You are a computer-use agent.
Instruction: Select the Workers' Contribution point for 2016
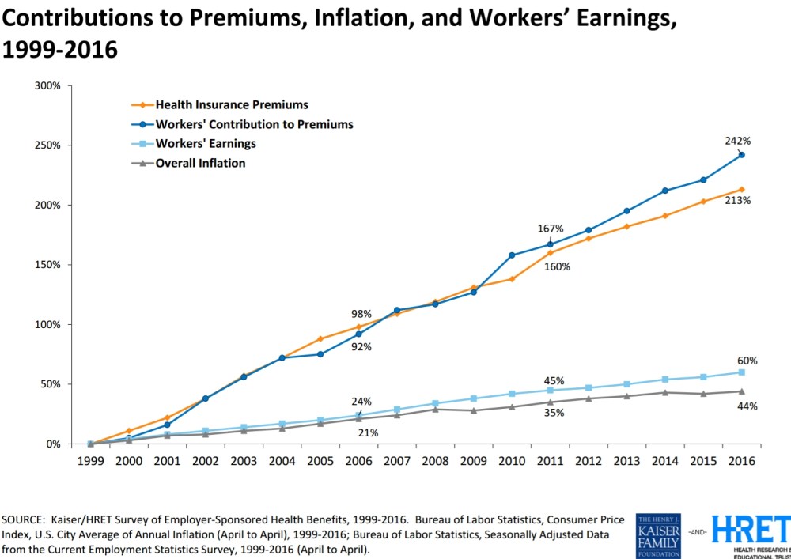(x=741, y=155)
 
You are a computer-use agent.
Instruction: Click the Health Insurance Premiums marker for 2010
(x=512, y=279)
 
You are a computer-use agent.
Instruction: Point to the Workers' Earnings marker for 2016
(x=741, y=372)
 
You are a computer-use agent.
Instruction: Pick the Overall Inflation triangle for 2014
(x=665, y=392)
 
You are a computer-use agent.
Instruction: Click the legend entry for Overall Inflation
(x=200, y=164)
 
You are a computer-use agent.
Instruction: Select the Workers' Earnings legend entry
(x=206, y=144)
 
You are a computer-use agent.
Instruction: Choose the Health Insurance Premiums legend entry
(x=231, y=104)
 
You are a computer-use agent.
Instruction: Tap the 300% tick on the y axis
(x=47, y=85)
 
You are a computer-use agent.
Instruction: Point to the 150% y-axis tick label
(x=47, y=265)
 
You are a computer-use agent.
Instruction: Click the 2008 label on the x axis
(x=436, y=461)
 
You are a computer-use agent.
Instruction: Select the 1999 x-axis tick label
(x=90, y=461)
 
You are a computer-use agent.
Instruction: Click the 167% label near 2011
(x=551, y=229)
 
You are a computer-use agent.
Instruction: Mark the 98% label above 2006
(x=361, y=314)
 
